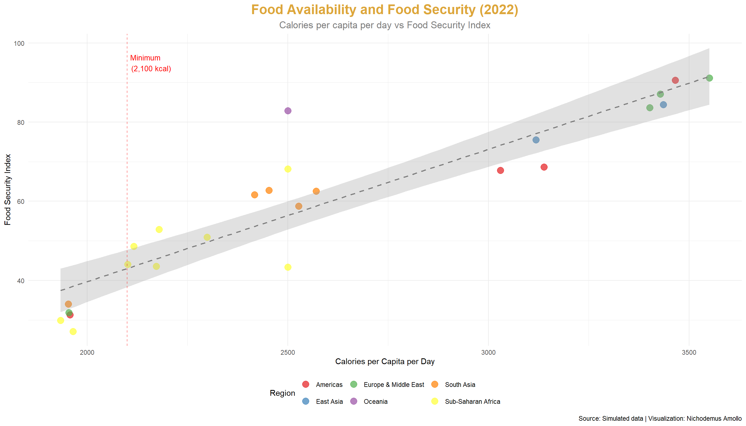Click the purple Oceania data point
[288, 111]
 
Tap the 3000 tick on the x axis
[488, 353]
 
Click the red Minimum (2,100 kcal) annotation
[150, 64]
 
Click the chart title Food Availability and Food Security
[385, 10]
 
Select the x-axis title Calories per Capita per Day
[385, 362]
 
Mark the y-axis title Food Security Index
[7, 190]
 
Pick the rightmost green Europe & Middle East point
[709, 78]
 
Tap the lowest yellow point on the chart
[73, 331]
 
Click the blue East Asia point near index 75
[536, 140]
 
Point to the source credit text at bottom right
[660, 419]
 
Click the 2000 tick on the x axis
[87, 353]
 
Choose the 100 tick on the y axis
[19, 43]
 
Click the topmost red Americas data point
[675, 80]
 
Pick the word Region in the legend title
[282, 393]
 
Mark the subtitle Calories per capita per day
[385, 25]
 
